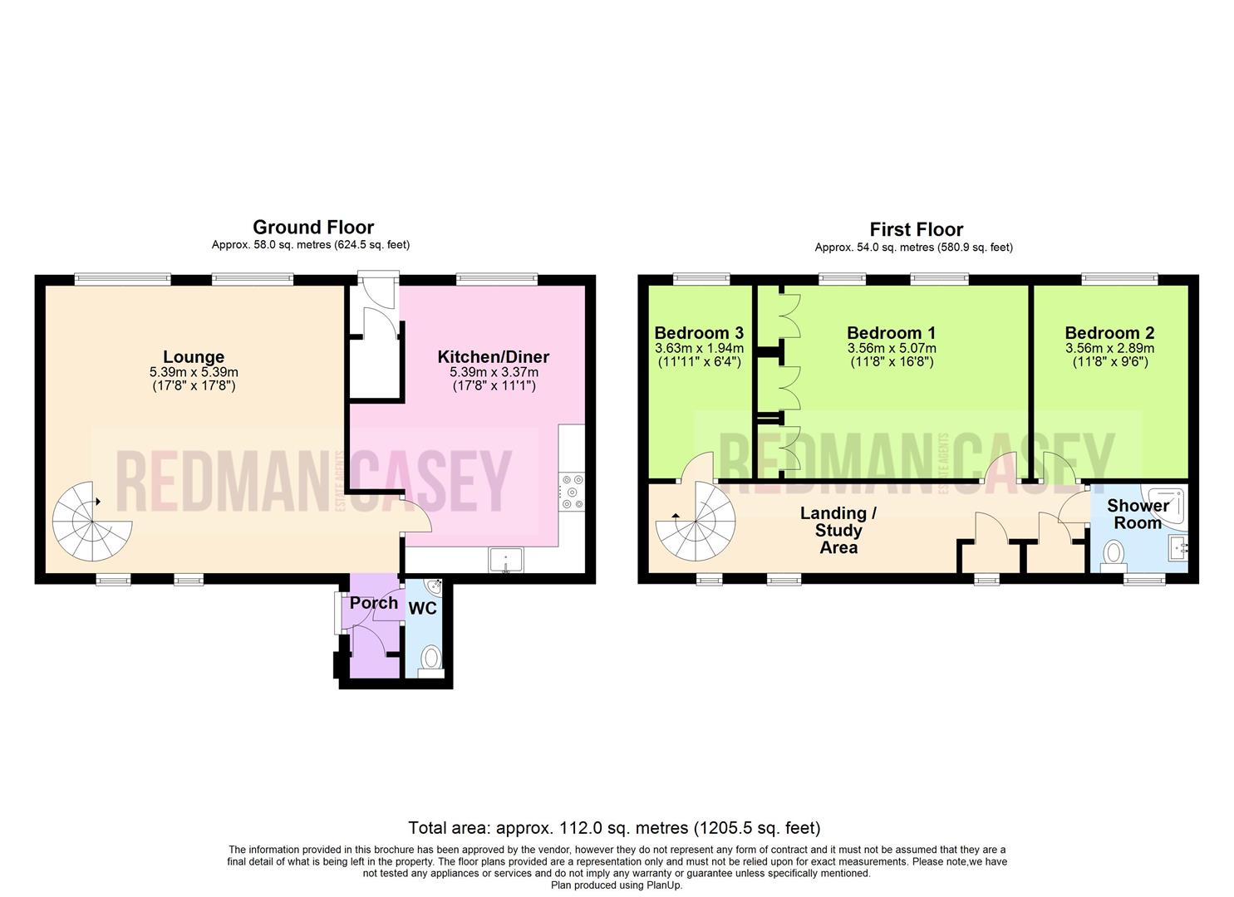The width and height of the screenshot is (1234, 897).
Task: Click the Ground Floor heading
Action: pyautogui.click(x=313, y=227)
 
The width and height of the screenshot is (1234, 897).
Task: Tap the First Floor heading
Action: pyautogui.click(x=916, y=229)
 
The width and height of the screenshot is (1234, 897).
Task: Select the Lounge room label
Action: pyautogui.click(x=194, y=357)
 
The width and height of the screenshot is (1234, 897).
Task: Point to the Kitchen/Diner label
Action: pyautogui.click(x=493, y=357)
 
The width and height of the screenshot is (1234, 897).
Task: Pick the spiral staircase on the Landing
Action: pyautogui.click(x=696, y=521)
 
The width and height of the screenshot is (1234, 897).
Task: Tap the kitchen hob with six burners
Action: pyautogui.click(x=572, y=492)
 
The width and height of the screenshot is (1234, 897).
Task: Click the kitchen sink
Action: pyautogui.click(x=506, y=560)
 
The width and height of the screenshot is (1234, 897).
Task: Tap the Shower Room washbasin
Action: pyautogui.click(x=1177, y=548)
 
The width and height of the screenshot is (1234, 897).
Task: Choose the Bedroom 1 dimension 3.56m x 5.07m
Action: pyautogui.click(x=892, y=349)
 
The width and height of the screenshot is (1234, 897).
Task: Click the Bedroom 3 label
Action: pyautogui.click(x=699, y=332)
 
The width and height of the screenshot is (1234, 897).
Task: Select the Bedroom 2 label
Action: pyautogui.click(x=1109, y=332)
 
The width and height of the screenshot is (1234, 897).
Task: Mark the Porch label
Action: pyautogui.click(x=373, y=603)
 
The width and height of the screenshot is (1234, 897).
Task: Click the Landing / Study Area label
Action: pyautogui.click(x=838, y=530)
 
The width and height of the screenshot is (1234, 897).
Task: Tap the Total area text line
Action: pyautogui.click(x=614, y=827)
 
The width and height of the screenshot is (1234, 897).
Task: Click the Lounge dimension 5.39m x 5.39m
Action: pyautogui.click(x=194, y=372)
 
